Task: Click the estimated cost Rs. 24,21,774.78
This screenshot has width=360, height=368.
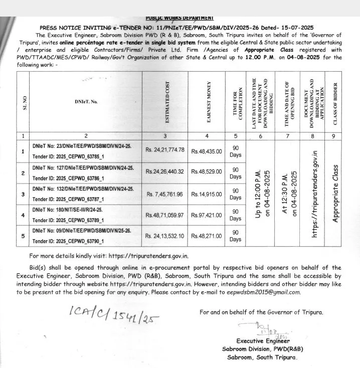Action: pyautogui.click(x=165, y=150)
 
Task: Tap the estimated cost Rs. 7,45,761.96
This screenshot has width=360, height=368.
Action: pyautogui.click(x=165, y=194)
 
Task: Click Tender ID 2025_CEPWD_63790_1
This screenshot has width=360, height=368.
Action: pyautogui.click(x=68, y=241)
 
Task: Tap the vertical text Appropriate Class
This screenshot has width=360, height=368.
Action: pyautogui.click(x=336, y=194)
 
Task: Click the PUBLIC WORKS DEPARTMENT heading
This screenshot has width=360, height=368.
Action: pyautogui.click(x=179, y=18)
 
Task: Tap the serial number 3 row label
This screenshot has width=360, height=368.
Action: pyautogui.click(x=22, y=194)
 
